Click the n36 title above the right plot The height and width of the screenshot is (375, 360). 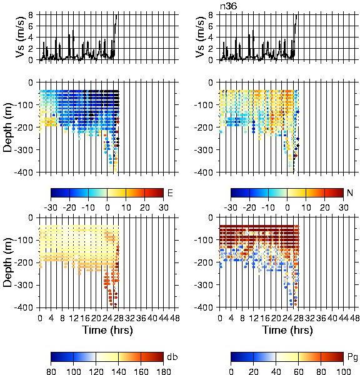[229, 6]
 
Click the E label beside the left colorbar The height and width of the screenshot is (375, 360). [170, 192]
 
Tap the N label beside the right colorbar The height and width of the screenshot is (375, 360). [350, 192]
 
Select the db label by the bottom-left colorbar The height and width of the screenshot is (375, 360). [172, 357]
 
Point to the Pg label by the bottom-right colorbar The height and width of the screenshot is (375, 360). [352, 357]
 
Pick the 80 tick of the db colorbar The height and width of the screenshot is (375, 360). [51, 371]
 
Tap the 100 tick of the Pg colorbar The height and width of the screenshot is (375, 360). [344, 371]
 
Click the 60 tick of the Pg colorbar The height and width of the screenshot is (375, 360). [298, 371]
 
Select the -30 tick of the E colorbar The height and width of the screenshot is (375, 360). [51, 207]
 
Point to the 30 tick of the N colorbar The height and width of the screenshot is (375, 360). [344, 207]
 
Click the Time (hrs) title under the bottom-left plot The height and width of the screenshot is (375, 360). [107, 330]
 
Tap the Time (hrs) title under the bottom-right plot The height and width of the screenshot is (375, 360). [287, 330]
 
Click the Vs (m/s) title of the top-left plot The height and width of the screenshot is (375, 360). [21, 37]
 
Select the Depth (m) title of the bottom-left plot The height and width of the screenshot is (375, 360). [8, 262]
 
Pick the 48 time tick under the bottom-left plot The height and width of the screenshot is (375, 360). [175, 318]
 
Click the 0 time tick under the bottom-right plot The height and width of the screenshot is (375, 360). [219, 318]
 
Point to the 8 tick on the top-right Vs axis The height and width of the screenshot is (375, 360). [211, 15]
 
